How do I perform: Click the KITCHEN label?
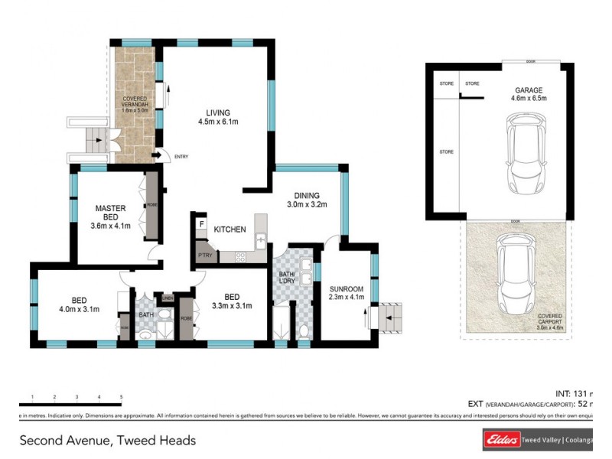click(x=229, y=229)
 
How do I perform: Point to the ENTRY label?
click(x=181, y=158)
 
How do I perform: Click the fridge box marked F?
click(x=201, y=224)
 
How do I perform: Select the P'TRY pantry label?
click(x=205, y=254)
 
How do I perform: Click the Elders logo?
click(x=500, y=440)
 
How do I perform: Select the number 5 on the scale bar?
click(x=121, y=397)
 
